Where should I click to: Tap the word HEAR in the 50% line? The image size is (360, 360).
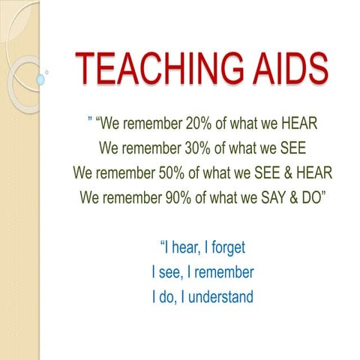pos(311,172)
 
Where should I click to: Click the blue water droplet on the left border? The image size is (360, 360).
pos(41,79)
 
